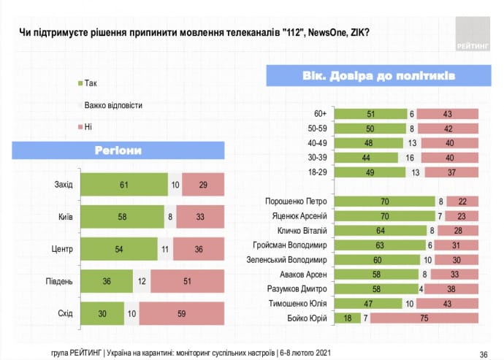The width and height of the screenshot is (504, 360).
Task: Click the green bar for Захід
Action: tap(123, 184)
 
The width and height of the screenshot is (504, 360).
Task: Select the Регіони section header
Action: tap(117, 151)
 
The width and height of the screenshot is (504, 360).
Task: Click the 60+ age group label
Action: tap(319, 114)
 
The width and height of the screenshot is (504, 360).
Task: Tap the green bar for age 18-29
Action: tap(369, 172)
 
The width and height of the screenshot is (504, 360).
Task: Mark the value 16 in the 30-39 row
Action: tap(409, 158)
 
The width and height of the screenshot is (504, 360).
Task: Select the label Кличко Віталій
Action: tap(300, 230)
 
